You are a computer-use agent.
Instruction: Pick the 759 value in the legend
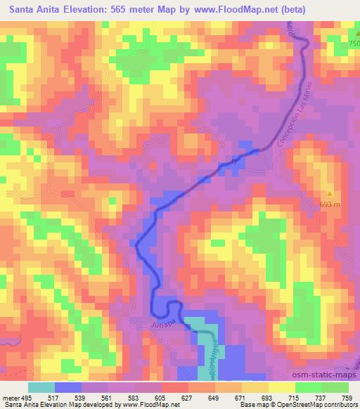pyautogui.click(x=348, y=397)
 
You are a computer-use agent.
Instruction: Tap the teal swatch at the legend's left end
pyautogui.click(x=41, y=387)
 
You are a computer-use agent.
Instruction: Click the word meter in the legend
pyautogui.click(x=10, y=397)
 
